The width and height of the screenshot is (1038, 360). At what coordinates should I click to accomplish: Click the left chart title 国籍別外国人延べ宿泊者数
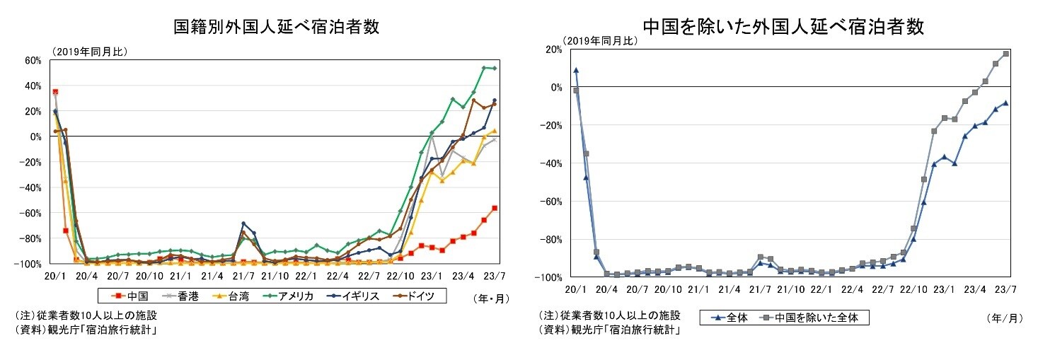point(277,27)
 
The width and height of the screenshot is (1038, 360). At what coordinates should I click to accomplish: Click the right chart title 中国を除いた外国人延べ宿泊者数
point(783,27)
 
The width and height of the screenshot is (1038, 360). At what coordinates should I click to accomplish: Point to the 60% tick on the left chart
point(33,60)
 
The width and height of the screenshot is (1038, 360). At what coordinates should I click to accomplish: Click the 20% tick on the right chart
point(553,49)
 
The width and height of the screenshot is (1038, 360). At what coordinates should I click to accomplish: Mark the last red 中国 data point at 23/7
point(495,208)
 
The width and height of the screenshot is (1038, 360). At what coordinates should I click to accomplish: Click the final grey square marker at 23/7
point(1005,54)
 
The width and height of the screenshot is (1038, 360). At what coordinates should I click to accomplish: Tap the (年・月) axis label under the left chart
point(490,298)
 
